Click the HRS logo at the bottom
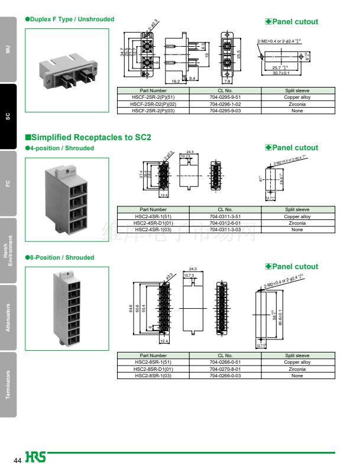pyautogui.click(x=35, y=458)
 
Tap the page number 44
pyautogui.click(x=18, y=460)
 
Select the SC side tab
pyautogui.click(x=8, y=116)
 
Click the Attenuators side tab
pyautogui.click(x=8, y=317)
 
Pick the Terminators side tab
pyautogui.click(x=8, y=384)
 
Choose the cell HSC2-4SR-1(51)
pyautogui.click(x=153, y=216)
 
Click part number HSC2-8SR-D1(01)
pyautogui.click(x=153, y=368)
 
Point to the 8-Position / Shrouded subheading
pyautogui.click(x=61, y=258)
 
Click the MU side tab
pyautogui.click(x=8, y=49)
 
